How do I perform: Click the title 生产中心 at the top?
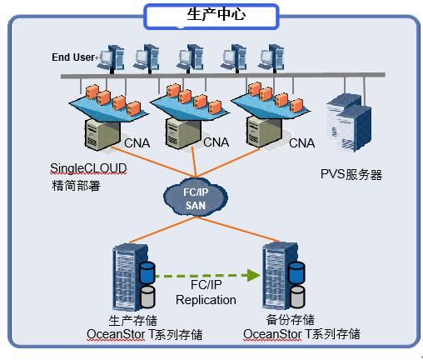[216, 14]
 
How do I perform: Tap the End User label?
[73, 57]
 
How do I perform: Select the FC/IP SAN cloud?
[196, 198]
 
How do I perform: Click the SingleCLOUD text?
[88, 168]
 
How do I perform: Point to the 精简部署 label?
[76, 185]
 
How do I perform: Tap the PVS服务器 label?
[351, 174]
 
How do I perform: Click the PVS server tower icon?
[349, 122]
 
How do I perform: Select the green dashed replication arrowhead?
[253, 275]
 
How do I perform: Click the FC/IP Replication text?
[206, 292]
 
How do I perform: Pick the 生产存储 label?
[133, 321]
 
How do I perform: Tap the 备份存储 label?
[291, 320]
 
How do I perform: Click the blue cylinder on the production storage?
[147, 272]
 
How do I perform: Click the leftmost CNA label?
[137, 143]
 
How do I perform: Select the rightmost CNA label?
[302, 143]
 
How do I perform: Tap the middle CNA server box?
[182, 133]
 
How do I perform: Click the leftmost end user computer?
[111, 58]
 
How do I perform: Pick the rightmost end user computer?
[271, 58]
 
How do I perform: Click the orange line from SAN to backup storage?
[238, 229]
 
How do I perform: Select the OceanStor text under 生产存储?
[116, 334]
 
